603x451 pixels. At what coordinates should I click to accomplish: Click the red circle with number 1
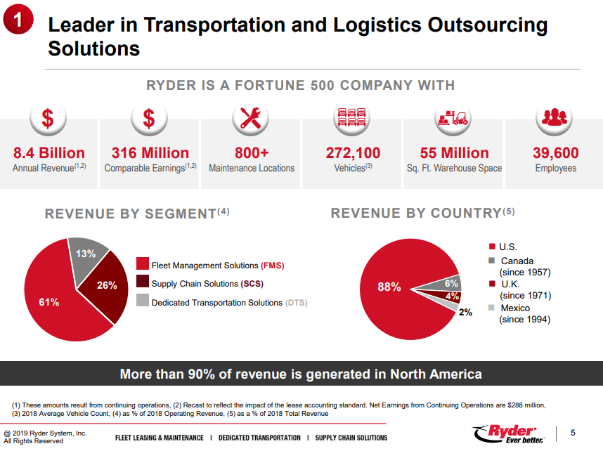click(18, 19)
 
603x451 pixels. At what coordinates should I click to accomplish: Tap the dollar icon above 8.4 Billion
click(48, 118)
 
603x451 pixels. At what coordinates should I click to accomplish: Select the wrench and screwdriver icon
click(250, 118)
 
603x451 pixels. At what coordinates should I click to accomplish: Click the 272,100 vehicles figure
click(353, 153)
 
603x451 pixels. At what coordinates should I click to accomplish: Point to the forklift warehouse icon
click(453, 118)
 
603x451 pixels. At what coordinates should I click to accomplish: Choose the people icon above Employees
click(555, 118)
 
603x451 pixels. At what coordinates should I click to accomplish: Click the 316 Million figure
click(150, 153)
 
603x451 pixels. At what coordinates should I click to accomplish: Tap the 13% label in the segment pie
click(86, 254)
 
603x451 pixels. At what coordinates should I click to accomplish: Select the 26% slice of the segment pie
click(105, 287)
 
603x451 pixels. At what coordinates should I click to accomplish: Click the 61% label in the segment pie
click(48, 302)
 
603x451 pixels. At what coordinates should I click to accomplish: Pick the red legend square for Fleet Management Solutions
click(142, 263)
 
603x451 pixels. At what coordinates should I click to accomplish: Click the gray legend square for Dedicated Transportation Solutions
click(142, 300)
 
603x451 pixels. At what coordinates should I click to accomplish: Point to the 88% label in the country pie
click(389, 287)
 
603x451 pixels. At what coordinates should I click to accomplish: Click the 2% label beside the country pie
click(465, 312)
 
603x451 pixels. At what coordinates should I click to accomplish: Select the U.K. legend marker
click(492, 284)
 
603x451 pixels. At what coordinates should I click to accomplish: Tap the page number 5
click(573, 433)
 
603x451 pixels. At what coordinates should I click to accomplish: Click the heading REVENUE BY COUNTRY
click(416, 213)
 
